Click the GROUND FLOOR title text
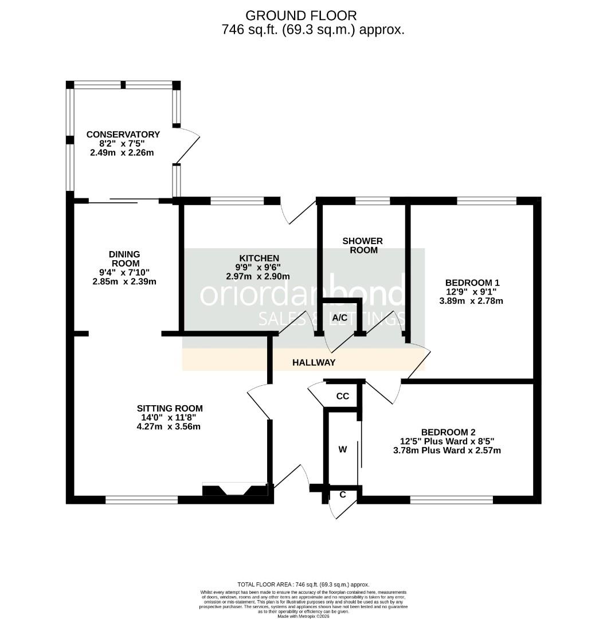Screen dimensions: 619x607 (301, 15)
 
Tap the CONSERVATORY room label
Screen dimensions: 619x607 (123, 135)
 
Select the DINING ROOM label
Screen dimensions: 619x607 (124, 258)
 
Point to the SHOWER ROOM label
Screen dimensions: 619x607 (362, 245)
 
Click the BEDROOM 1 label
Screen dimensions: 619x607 (473, 283)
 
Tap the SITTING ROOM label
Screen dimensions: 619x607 (170, 409)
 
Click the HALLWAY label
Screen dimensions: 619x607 (314, 363)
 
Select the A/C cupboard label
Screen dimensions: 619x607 (340, 318)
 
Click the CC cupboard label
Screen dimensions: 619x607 (342, 397)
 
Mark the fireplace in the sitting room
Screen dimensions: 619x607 (235, 490)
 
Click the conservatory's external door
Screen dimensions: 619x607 (187, 146)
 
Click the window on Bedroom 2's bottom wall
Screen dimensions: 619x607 (452, 500)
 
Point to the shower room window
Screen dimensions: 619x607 (373, 201)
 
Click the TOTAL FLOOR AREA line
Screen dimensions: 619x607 (303, 584)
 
